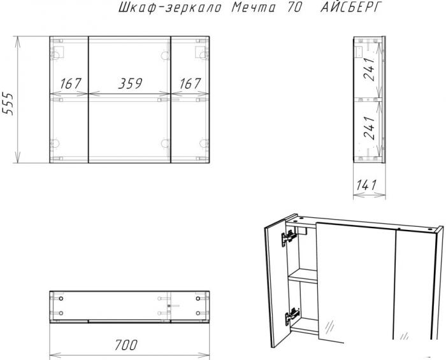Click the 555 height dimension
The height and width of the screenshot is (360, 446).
pos(8,103)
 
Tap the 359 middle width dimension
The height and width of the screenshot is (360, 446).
pos(130,83)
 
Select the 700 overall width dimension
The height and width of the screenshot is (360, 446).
pos(126,345)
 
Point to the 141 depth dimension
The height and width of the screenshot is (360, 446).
pos(366,185)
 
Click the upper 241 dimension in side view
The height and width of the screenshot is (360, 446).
pos(370,69)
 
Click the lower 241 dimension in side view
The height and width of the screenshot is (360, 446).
pos(370,127)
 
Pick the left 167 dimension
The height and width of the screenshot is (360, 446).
pos(71,83)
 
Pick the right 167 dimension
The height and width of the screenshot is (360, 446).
pos(190,83)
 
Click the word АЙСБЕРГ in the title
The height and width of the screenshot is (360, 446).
pos(350,7)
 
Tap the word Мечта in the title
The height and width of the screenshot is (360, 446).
pos(253,8)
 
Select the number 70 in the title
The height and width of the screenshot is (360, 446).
pos(294,8)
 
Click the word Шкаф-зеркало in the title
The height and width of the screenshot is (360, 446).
pos(170,8)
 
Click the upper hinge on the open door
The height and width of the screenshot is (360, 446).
pos(288,238)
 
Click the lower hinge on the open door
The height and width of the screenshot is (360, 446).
pos(292,316)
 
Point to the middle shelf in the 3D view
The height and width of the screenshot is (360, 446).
pos(303,276)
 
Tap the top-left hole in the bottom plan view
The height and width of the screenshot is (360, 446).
pos(61,299)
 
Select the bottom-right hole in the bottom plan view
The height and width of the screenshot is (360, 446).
pos(198,313)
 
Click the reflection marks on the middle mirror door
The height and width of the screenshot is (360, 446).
pos(329,326)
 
